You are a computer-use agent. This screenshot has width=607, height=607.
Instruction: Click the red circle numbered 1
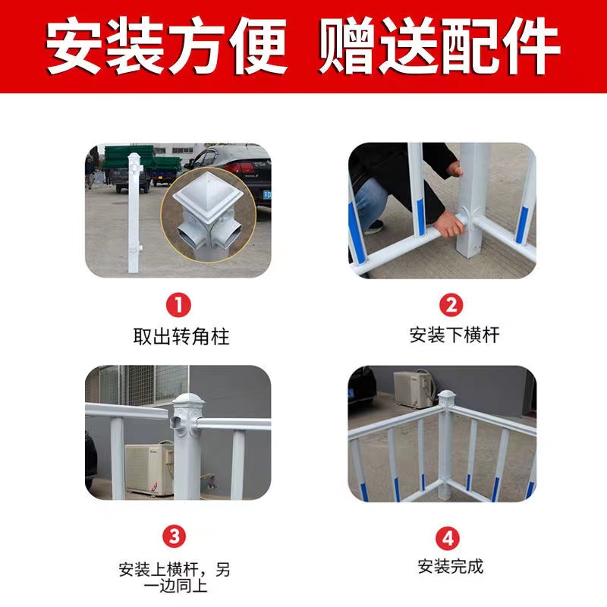pos(178,305)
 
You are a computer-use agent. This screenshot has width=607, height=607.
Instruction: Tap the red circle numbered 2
pos(451,305)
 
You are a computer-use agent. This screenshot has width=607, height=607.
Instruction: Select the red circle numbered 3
pos(175,536)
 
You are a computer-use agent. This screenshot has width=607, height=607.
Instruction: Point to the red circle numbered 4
pos(448,539)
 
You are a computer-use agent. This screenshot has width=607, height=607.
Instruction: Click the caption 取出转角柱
pos(181,336)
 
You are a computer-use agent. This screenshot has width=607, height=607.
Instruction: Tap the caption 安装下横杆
pos(454,335)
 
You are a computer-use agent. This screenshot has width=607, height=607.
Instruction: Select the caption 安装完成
pos(451,566)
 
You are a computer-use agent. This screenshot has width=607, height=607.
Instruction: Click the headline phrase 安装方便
pos(167,46)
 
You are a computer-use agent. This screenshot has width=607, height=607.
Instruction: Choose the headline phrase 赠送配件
pos(439,46)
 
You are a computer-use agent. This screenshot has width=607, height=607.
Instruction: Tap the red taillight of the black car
pos(240,168)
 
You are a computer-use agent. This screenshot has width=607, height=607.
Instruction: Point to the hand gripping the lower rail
pos(448,224)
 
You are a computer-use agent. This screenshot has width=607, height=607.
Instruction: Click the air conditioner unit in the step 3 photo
pos(149,469)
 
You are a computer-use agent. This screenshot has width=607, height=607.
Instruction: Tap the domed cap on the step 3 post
pos(188,400)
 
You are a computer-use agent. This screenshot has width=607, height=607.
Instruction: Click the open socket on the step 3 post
pos(176,421)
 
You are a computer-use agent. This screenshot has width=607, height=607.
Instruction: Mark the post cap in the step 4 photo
pos(446,396)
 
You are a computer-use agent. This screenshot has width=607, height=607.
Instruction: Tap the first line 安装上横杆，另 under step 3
pos(175,570)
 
